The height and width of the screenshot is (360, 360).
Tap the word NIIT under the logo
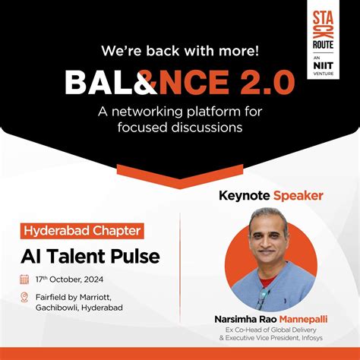325,65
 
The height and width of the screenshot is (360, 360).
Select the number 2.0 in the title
267,82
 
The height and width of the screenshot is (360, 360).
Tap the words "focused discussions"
180,127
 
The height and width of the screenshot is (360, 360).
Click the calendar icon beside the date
24,279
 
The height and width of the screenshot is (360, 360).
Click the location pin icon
24,297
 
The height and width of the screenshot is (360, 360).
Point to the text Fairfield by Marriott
75,296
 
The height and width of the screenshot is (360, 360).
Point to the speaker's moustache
270,255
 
